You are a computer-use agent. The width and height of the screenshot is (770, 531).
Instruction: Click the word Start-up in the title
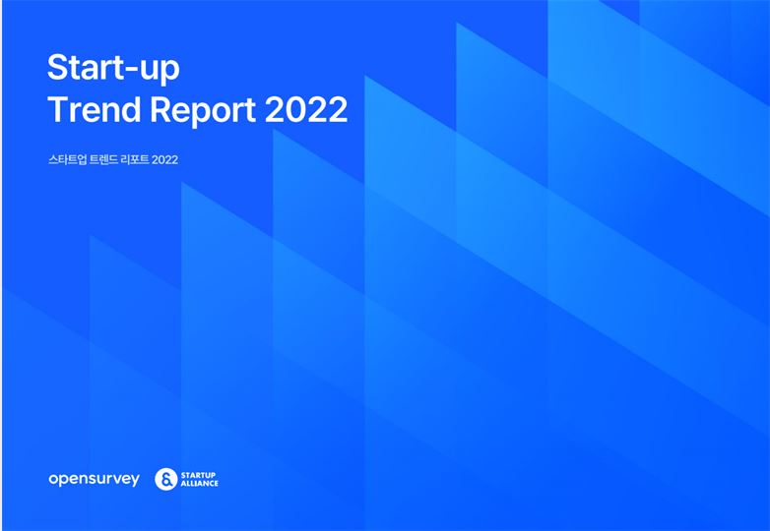point(113,69)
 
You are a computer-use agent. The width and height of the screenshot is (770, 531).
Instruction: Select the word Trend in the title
point(95,109)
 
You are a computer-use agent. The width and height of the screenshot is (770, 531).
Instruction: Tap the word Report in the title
point(203,111)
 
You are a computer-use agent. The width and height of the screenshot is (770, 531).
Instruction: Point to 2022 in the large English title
point(306,109)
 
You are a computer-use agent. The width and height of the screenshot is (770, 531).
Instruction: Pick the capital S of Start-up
point(58,67)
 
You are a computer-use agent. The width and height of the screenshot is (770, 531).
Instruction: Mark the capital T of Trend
point(58,109)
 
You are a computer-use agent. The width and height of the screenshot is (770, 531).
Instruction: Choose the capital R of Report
point(161,109)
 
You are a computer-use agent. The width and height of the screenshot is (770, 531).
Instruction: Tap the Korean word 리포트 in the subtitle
point(136,160)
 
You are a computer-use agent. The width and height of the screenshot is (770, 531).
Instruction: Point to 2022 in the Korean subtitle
point(165,160)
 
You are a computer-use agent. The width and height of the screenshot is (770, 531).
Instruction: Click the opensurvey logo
point(94,479)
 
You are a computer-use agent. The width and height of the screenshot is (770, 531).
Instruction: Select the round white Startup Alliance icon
point(166,479)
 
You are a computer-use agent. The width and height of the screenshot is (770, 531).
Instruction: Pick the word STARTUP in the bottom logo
point(198,475)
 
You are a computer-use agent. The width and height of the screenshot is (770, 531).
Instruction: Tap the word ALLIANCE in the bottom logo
point(199,483)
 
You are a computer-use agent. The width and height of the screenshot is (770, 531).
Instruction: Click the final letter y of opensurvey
point(135,481)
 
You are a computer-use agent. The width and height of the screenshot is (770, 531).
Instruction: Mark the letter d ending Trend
point(133,109)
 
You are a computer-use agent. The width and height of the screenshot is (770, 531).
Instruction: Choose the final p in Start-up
point(170,72)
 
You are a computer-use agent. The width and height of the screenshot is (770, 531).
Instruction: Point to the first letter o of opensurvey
point(53,479)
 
